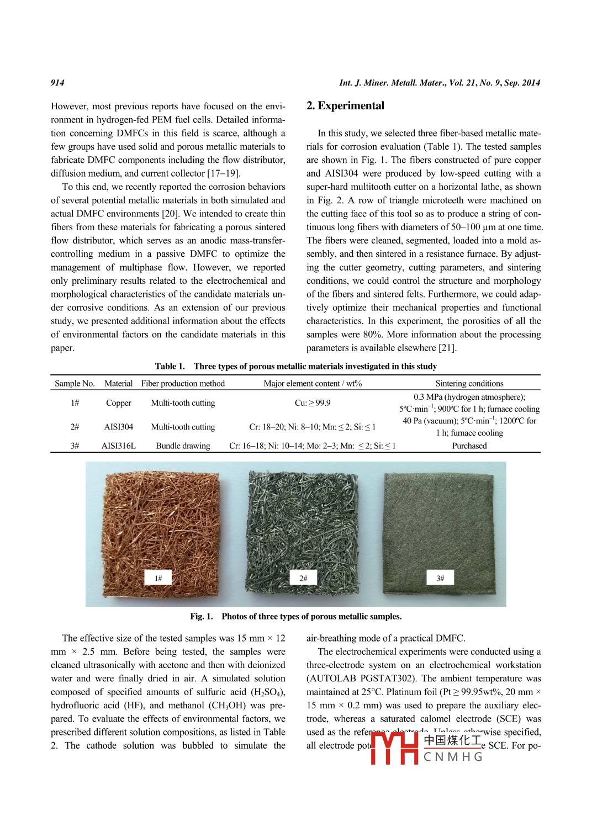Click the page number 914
coord(57,83)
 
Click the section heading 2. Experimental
coord(345,105)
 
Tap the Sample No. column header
coord(75,383)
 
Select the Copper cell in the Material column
coord(119,403)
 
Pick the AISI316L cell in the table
coord(119,446)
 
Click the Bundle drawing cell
coord(183,446)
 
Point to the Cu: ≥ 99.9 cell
coord(313,403)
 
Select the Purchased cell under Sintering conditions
coord(469,446)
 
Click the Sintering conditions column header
coord(469,383)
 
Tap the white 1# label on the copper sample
coord(158,578)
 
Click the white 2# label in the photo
coord(303,578)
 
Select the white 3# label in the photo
coord(440,578)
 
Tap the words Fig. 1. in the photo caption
coord(202,616)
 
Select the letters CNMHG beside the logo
coord(453,757)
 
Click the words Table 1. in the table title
coord(170,366)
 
